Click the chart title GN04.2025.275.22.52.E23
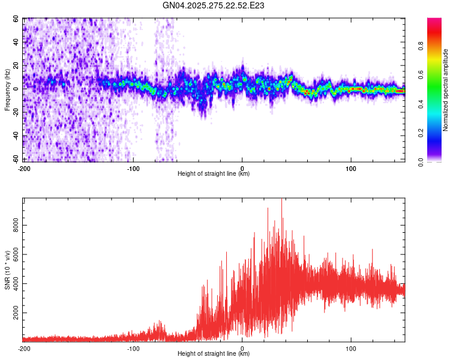[214, 5]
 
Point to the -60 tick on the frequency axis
[16, 159]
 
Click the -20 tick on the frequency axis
[16, 112]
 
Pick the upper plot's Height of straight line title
[214, 173]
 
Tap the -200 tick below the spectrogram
[24, 168]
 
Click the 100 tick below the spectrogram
[351, 168]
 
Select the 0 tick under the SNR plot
[242, 348]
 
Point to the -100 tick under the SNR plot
[133, 348]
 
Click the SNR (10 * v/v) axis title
[7, 270]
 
